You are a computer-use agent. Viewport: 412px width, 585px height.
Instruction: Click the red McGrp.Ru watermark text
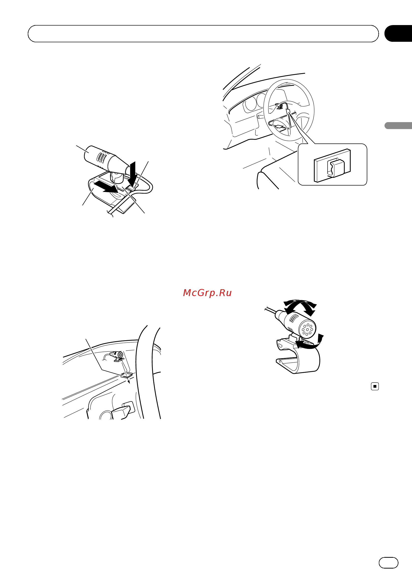pos(207,293)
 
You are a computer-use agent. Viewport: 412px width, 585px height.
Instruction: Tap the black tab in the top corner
pos(398,33)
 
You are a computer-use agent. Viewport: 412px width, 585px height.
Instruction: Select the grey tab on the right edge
pos(398,126)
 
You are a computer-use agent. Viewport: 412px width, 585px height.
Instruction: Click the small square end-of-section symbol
pos(375,386)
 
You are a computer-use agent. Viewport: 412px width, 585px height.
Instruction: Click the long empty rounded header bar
pos(203,34)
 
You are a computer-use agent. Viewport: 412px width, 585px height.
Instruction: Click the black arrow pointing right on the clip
pos(106,187)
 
